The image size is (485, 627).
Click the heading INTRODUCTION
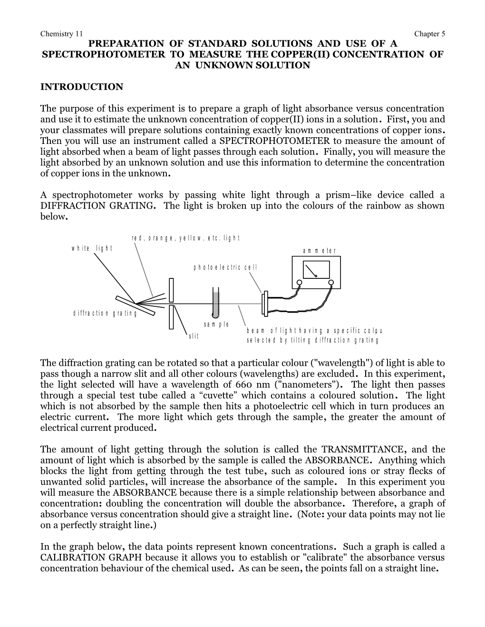pos(82,87)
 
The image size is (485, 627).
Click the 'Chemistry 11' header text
pos(61,34)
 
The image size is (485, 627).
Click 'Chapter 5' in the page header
pos(429,34)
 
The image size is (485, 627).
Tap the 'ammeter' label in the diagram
pos(319,251)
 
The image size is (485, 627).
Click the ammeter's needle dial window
pos(315,270)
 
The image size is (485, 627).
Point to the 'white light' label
pos(92,248)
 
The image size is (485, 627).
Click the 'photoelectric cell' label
pos(225,267)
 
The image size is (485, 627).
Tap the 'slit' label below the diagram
pos(194,336)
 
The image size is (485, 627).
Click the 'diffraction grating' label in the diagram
pos(106,313)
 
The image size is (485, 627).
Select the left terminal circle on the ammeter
pos(300,284)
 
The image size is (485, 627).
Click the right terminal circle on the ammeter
pos(331,284)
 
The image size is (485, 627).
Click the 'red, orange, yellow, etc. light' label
pos(186,238)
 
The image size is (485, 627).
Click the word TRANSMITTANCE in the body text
pos(363,449)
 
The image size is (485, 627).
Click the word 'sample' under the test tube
pos(216,324)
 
